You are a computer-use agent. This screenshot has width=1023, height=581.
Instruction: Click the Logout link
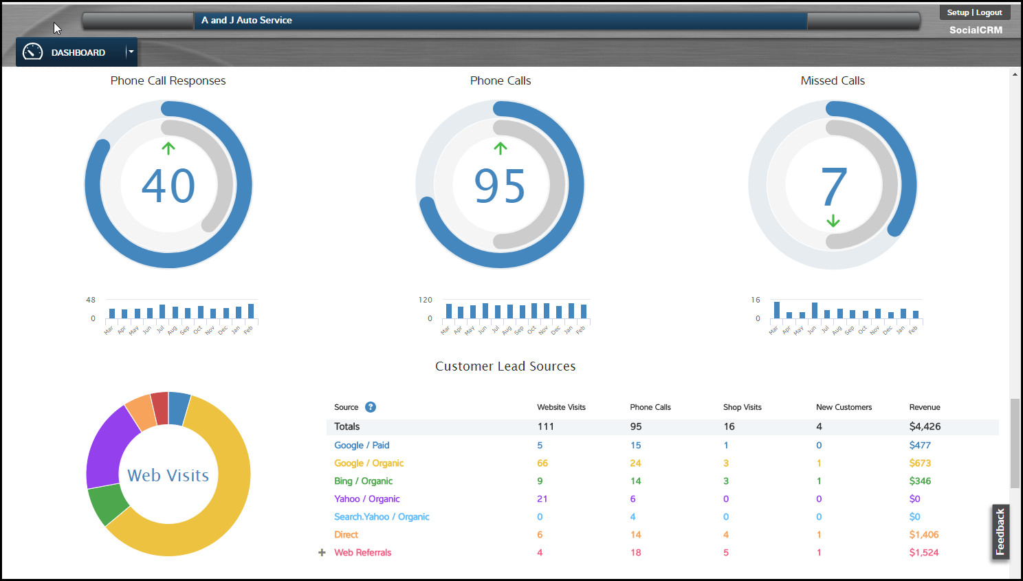989,12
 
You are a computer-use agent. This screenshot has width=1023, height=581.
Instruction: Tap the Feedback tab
1000,531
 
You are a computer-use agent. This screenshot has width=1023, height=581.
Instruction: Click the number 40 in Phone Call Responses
168,186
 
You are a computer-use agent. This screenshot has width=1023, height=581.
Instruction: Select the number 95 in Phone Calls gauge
500,186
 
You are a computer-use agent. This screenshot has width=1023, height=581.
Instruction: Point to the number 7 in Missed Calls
833,186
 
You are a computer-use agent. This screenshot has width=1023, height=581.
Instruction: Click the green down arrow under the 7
833,221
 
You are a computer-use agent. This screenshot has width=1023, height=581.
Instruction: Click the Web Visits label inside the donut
168,475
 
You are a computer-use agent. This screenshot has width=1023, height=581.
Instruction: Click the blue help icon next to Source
371,407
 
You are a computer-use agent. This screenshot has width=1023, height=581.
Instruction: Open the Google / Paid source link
362,446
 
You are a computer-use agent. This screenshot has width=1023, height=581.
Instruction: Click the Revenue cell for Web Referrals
923,553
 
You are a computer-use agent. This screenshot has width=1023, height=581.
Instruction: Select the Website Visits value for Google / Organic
542,463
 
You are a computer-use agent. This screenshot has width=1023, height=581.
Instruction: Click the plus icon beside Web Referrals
322,553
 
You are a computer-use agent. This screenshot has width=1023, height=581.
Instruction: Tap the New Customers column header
844,407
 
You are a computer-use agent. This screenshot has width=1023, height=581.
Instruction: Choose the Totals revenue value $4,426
925,426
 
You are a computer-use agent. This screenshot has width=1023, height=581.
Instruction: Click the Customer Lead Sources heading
505,366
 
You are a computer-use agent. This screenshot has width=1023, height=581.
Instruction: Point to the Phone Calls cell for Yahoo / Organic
632,499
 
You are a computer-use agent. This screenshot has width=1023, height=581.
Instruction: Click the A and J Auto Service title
247,21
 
